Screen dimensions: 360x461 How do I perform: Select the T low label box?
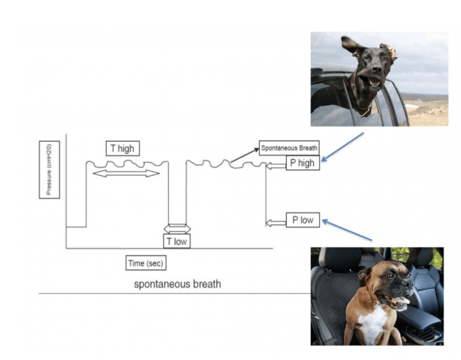[177, 241]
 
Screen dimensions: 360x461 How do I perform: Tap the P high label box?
[303, 163]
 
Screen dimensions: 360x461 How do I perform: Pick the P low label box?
[303, 220]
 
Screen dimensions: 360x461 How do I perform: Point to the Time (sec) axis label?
[145, 263]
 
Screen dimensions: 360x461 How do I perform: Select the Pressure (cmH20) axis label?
[49, 171]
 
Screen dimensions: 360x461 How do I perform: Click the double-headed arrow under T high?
[126, 173]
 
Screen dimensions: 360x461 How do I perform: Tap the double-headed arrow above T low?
[177, 228]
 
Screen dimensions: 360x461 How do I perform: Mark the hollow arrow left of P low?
[275, 222]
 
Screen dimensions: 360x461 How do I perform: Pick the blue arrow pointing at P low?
[346, 231]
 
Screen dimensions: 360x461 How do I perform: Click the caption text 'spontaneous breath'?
[177, 284]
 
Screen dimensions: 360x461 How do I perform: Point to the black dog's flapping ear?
[354, 46]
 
